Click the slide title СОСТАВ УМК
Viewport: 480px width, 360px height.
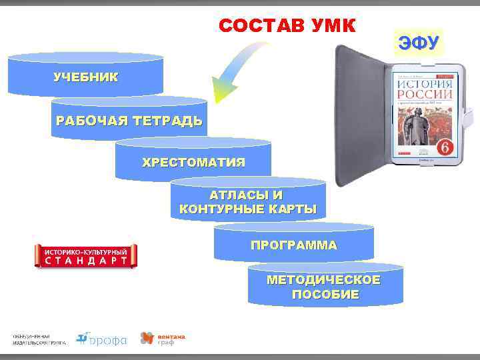(x=287, y=26)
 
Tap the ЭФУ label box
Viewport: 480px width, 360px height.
(x=418, y=44)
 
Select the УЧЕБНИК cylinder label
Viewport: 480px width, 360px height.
(x=85, y=77)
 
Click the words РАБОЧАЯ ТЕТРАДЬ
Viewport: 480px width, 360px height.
(x=129, y=121)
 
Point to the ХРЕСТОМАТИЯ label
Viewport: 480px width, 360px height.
(x=193, y=162)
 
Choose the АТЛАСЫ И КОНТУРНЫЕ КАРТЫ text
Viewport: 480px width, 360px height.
(x=247, y=203)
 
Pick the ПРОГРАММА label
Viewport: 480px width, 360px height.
(x=293, y=245)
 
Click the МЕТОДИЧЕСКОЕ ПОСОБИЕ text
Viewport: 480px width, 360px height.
(x=324, y=287)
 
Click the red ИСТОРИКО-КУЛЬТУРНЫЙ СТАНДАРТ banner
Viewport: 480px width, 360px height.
(x=85, y=256)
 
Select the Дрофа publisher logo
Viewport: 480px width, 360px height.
(x=101, y=339)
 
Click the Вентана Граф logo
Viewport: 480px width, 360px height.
(x=162, y=339)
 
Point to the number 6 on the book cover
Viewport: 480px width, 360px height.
(x=442, y=145)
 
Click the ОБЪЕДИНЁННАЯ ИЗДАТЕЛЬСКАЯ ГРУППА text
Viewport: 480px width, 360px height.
(x=38, y=339)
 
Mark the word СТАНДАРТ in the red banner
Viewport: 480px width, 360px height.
(x=85, y=261)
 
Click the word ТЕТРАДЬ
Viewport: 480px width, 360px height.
(x=167, y=121)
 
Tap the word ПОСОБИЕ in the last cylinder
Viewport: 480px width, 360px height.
(x=325, y=294)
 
